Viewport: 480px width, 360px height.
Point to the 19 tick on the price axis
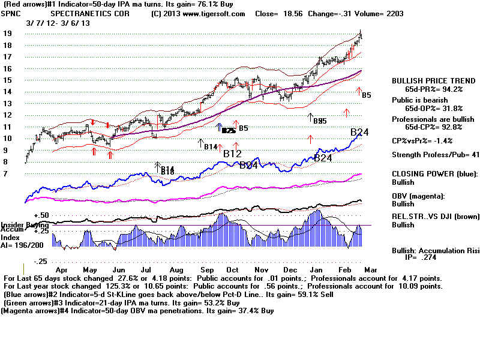[x=8, y=34]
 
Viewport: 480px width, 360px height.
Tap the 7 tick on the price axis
[x=5, y=173]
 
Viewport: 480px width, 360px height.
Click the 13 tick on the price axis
[x=8, y=103]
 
